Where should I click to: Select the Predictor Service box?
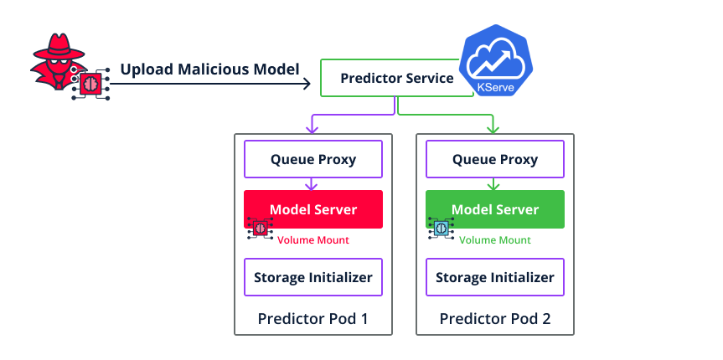click(x=396, y=79)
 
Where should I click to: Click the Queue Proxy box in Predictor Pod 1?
click(x=312, y=159)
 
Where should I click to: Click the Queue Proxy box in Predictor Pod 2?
click(x=494, y=159)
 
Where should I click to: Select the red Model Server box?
click(x=312, y=209)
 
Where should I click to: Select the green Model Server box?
click(x=494, y=209)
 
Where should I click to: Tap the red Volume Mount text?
click(x=312, y=240)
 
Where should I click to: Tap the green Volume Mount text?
click(x=494, y=240)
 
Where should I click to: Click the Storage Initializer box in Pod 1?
click(x=312, y=277)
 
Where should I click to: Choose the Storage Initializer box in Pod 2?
click(x=494, y=277)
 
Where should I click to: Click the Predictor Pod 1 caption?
click(x=312, y=319)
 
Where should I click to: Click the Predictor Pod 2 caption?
click(x=494, y=319)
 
